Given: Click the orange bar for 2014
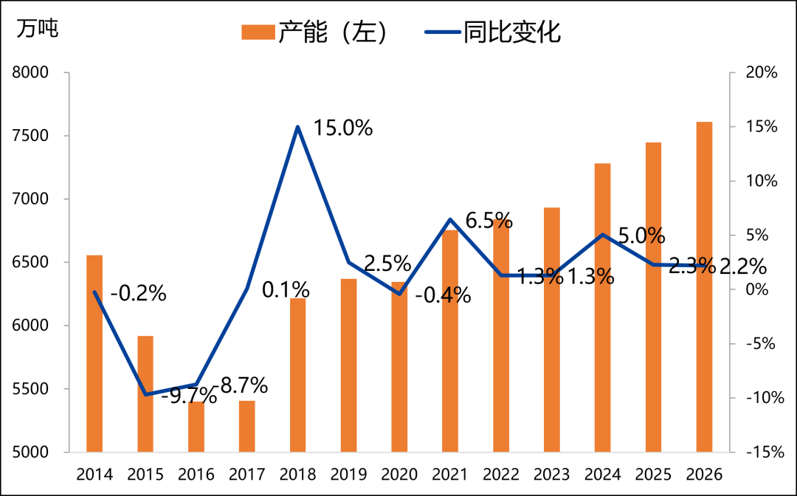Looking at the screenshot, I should tap(94, 354).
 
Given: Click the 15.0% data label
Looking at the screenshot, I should tap(342, 128).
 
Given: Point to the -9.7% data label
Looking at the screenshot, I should tap(189, 396).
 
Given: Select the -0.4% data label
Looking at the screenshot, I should tap(443, 295).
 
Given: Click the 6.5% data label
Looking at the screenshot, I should tap(489, 220).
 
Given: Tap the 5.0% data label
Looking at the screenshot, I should tap(641, 236).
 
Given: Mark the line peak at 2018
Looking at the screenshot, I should tap(297, 127).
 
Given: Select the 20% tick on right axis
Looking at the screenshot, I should tap(761, 72).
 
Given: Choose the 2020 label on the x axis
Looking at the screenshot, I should tap(398, 474).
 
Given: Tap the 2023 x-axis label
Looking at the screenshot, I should tap(551, 474).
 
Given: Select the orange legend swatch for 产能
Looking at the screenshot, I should tap(258, 32).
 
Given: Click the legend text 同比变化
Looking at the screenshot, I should tap(512, 32).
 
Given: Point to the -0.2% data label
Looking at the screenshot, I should tap(138, 293).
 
